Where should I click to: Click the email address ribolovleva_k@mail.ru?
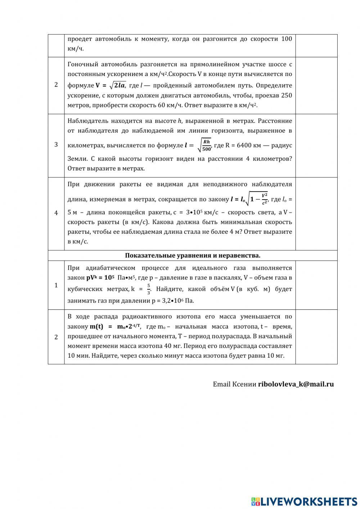point(296,384)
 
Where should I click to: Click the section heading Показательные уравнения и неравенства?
point(193,255)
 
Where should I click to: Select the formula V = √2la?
point(111,85)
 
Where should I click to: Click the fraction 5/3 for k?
point(148,289)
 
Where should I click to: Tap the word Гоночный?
point(81,64)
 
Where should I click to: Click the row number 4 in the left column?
point(56,213)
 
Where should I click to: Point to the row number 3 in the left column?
point(56,145)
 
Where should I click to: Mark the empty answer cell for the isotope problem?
point(316,337)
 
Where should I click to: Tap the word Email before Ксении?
point(221,384)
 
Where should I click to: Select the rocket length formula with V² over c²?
point(249,199)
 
